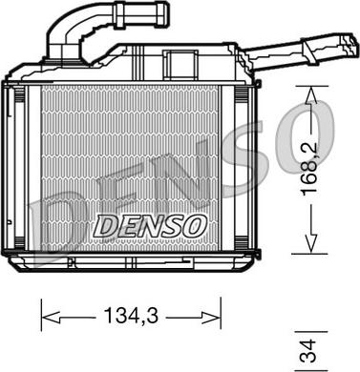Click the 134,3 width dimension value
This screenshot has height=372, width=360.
[131, 316]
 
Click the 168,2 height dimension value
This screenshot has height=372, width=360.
[309, 169]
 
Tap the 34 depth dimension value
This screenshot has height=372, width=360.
[307, 351]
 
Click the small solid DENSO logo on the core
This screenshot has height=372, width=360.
[150, 226]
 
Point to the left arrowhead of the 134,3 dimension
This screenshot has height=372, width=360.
[51, 318]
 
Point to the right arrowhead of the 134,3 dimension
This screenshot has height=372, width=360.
[211, 318]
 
